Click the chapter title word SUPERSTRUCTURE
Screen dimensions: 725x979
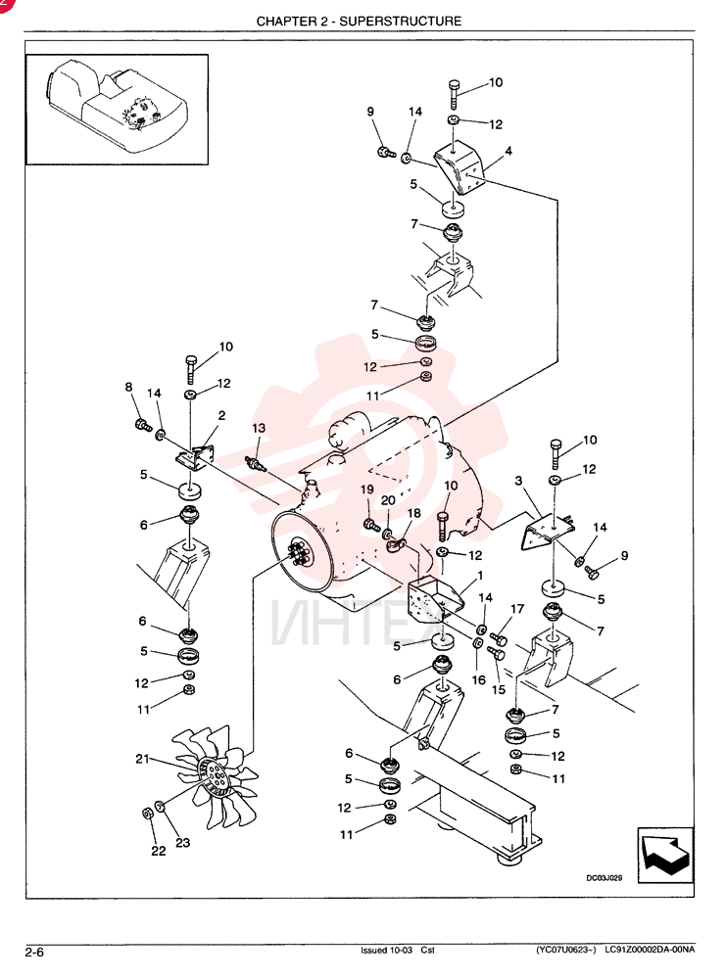pyautogui.click(x=400, y=22)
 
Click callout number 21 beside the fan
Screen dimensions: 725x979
pyautogui.click(x=142, y=759)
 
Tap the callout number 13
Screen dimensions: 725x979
pyautogui.click(x=259, y=428)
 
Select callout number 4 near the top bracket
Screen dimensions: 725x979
pyautogui.click(x=508, y=151)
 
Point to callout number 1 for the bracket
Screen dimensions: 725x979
pyautogui.click(x=480, y=575)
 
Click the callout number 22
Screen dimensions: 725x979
pyautogui.click(x=159, y=851)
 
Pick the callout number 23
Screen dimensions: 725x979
pyautogui.click(x=182, y=842)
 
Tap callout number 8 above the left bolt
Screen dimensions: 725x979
pyautogui.click(x=128, y=387)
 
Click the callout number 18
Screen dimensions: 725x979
pyautogui.click(x=413, y=513)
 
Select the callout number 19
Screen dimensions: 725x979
pyautogui.click(x=366, y=490)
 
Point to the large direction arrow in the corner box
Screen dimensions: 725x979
pyautogui.click(x=665, y=856)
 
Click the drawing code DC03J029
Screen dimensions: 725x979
pyautogui.click(x=604, y=878)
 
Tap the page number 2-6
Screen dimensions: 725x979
pyautogui.click(x=34, y=953)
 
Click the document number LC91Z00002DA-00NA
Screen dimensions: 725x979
pyautogui.click(x=650, y=951)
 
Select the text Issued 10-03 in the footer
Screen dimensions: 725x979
pyautogui.click(x=386, y=951)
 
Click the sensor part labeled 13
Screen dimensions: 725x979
pyautogui.click(x=256, y=464)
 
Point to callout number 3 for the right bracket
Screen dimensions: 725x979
pyautogui.click(x=518, y=481)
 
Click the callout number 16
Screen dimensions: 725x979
pyautogui.click(x=479, y=679)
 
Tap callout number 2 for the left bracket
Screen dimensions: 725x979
pyautogui.click(x=221, y=415)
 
